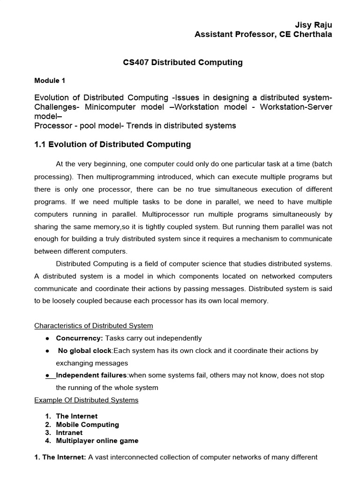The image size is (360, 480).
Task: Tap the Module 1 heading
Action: pos(50,81)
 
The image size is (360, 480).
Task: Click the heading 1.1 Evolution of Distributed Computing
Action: pos(112,144)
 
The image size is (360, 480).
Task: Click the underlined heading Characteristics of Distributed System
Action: pos(94,326)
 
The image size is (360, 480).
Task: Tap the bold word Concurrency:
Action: pos(80,338)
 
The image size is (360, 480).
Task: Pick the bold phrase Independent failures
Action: pos(91,375)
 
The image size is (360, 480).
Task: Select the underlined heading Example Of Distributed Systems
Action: pos(87,400)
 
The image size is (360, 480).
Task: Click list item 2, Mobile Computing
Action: pos(87,425)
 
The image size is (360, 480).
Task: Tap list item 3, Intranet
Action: pos(69,433)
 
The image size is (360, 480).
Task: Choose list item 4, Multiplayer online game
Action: pos(97,441)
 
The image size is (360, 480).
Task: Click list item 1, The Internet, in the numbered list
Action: pos(76,416)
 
